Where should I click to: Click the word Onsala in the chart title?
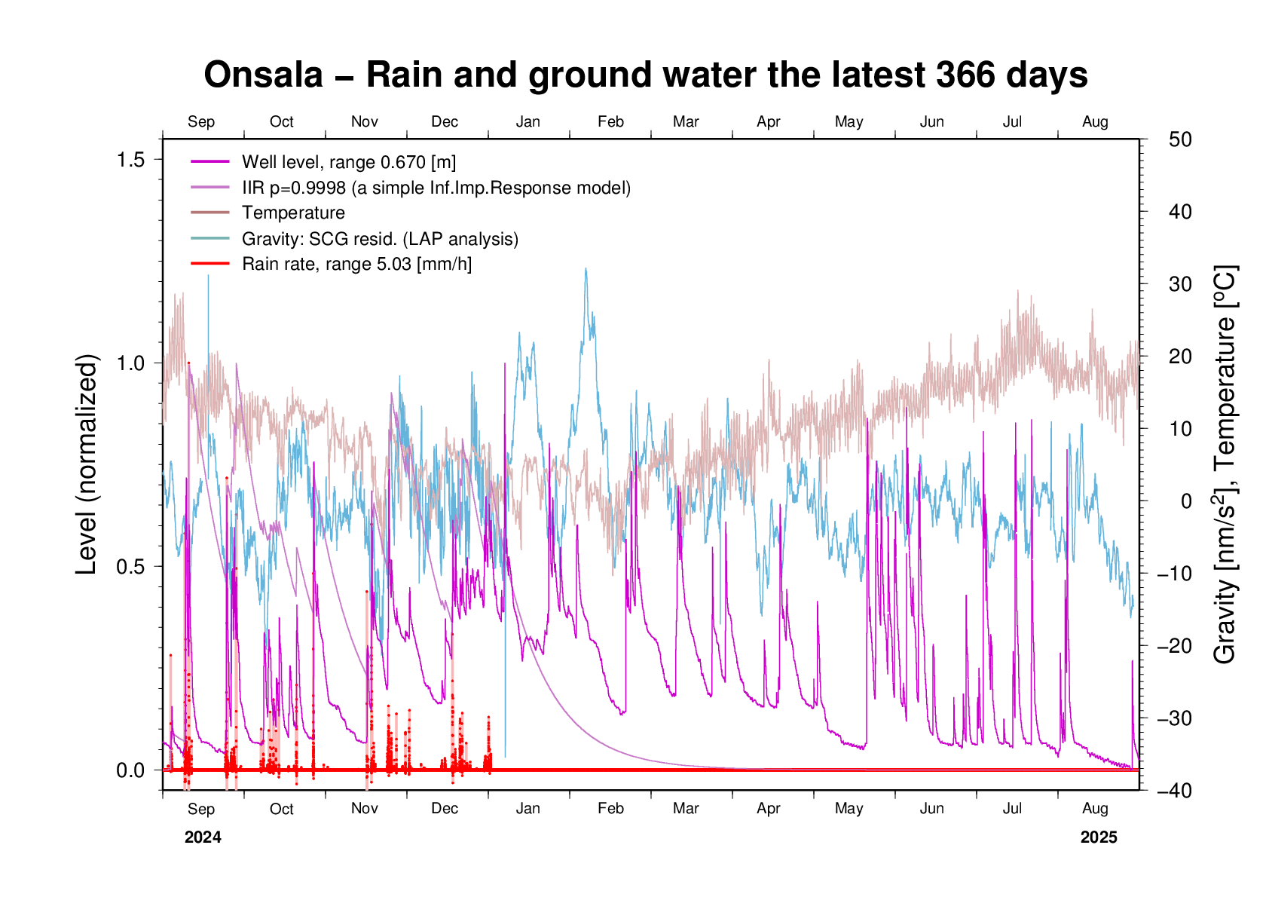click(x=263, y=75)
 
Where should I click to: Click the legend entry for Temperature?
click(x=293, y=213)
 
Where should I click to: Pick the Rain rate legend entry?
click(x=356, y=265)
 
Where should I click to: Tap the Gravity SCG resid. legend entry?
click(x=380, y=239)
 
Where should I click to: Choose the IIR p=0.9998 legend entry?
click(x=436, y=188)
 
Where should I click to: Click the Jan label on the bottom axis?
click(x=527, y=809)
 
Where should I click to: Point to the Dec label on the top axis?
click(x=445, y=122)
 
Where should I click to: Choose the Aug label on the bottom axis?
click(x=1095, y=809)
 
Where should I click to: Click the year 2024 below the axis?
click(x=203, y=837)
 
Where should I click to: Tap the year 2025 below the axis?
click(x=1099, y=837)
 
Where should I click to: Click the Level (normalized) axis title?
click(x=87, y=464)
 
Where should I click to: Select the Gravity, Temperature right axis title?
click(x=1226, y=464)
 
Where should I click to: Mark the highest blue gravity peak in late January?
click(x=586, y=269)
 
